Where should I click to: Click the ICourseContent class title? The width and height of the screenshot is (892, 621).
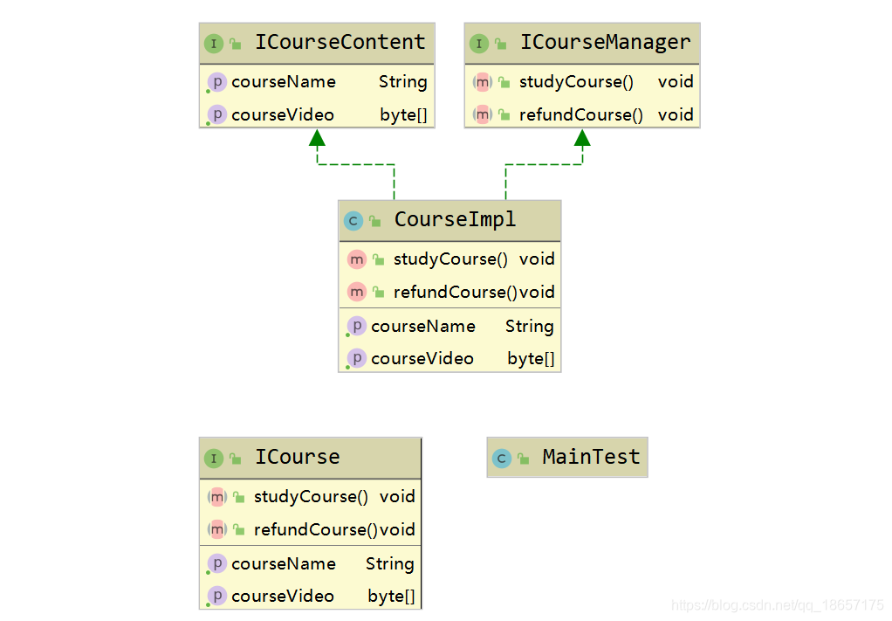pos(340,43)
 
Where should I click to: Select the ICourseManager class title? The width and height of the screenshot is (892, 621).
pos(605,43)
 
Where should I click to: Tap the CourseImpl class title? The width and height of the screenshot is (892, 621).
pos(455,220)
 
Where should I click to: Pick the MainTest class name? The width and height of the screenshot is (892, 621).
pos(591,457)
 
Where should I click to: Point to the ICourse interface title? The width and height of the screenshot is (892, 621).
pos(297,457)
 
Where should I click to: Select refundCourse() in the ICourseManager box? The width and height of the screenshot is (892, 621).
pos(580,115)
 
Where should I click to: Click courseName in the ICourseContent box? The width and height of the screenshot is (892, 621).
pos(283,82)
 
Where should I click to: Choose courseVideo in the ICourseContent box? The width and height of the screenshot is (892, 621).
pos(282,115)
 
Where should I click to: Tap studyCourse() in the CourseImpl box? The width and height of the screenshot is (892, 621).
pos(450,259)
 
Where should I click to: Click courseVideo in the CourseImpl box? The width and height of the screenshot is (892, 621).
pos(422,359)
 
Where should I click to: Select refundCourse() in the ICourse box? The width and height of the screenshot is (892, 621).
pos(316,530)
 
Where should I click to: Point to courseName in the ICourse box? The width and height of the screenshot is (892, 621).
pos(283,564)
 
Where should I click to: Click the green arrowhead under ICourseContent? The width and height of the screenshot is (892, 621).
pos(317,137)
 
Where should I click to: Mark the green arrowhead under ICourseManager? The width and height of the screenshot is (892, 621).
pos(582,137)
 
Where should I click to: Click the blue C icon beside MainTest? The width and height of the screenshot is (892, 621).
pos(501,459)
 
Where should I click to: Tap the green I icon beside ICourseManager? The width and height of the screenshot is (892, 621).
pos(478,44)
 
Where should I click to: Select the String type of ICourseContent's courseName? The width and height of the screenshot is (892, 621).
pos(402,82)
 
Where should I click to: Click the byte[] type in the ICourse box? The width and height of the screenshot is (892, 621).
pos(391,597)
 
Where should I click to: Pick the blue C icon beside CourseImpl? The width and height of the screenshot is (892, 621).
pos(353,221)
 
